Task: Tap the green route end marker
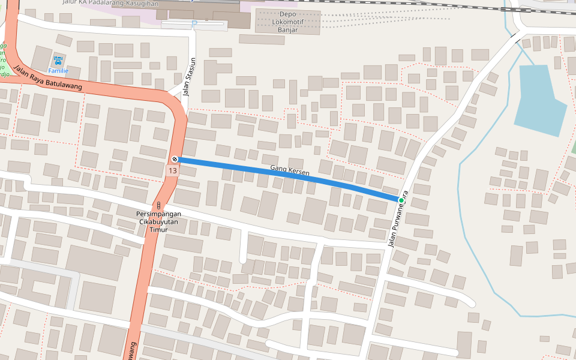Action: [401, 200]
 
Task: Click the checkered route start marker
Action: [174, 159]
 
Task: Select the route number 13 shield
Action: [173, 171]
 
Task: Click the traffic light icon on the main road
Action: [159, 205]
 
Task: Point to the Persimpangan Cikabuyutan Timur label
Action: [158, 221]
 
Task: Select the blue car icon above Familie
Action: [58, 61]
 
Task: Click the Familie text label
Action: [58, 71]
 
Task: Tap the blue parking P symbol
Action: [194, 23]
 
